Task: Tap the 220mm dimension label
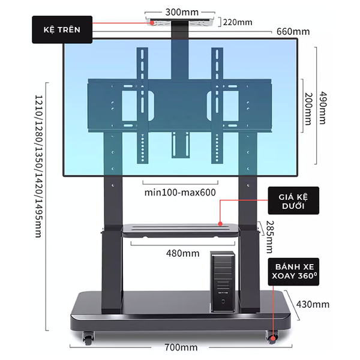pyautogui.click(x=238, y=22)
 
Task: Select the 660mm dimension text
pyautogui.click(x=293, y=32)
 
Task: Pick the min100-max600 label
pyautogui.click(x=180, y=193)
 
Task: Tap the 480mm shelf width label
pyautogui.click(x=182, y=253)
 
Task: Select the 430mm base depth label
pyautogui.click(x=313, y=304)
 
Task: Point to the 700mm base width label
pyautogui.click(x=181, y=347)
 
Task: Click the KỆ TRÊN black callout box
pyautogui.click(x=62, y=29)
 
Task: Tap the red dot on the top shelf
pyautogui.click(x=153, y=22)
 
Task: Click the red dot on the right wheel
pyautogui.click(x=274, y=340)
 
